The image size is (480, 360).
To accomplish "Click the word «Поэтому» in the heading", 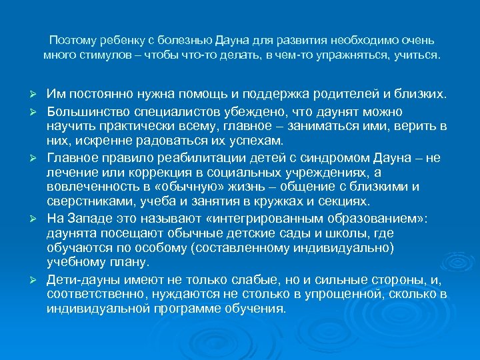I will point(70,40).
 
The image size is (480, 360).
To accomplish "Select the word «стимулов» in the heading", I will point(103,55).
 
